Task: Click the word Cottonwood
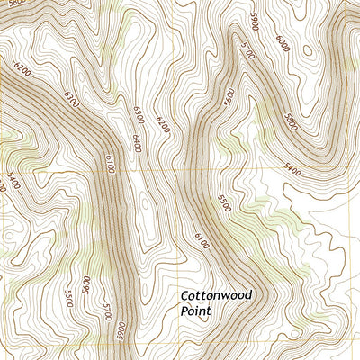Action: click(216, 295)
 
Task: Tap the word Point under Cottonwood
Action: click(195, 311)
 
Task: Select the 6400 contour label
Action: click(138, 143)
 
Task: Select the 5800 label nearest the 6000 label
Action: click(291, 120)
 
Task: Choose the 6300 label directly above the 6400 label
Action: click(138, 112)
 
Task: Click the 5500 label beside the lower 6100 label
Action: click(224, 202)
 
